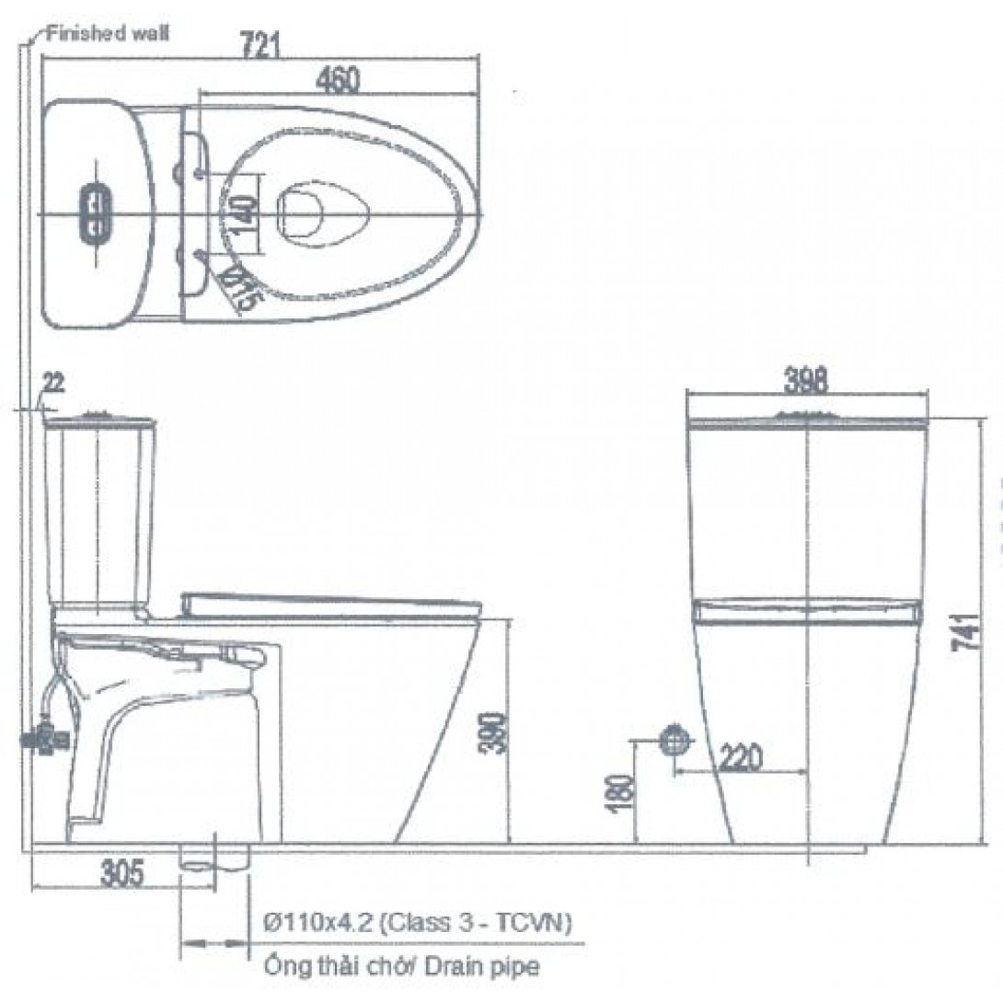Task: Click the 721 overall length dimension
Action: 259,43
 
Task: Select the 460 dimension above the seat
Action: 337,80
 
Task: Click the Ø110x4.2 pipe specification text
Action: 416,921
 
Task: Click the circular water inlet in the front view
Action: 675,739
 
